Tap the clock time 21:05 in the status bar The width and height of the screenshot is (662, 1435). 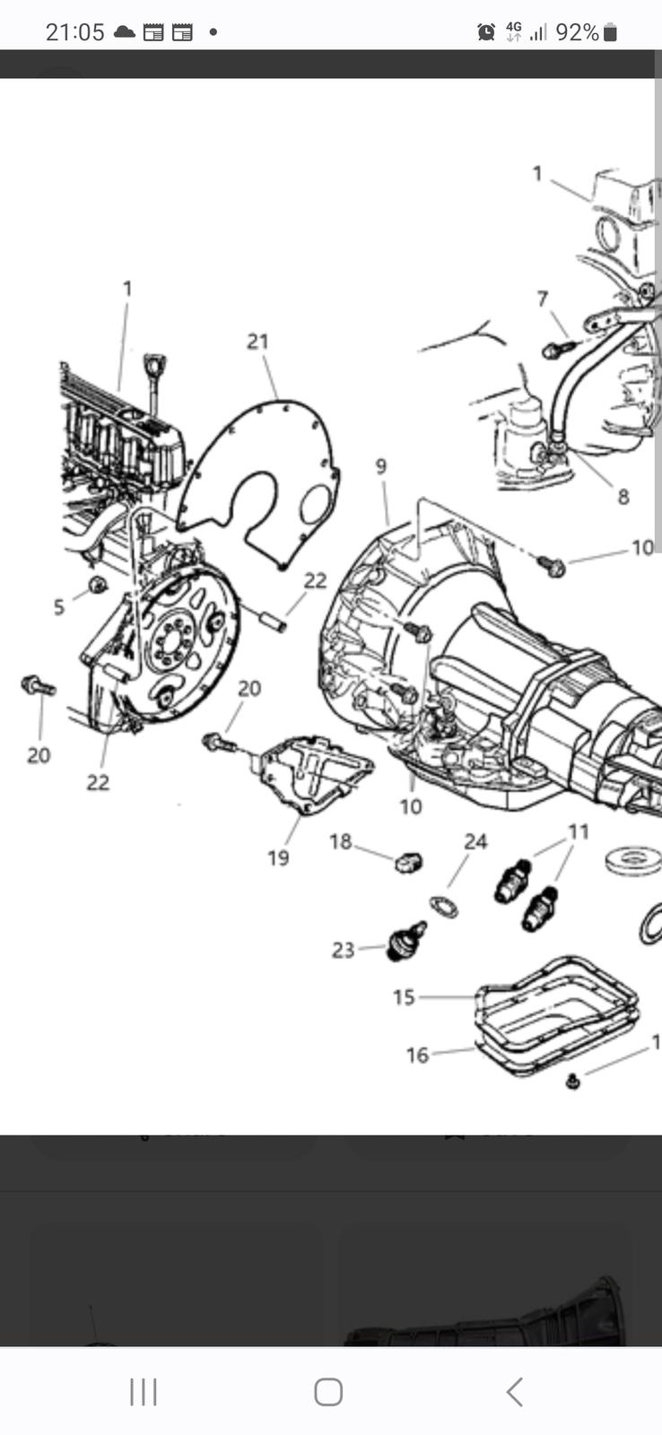74,32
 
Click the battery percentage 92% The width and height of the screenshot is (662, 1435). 577,32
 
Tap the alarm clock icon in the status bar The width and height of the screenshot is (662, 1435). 486,32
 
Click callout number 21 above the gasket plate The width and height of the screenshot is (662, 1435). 258,342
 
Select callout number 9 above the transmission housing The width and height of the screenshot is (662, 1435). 381,466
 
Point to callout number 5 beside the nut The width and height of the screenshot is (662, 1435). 59,607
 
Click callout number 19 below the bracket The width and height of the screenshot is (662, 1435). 278,857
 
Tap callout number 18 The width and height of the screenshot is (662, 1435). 340,841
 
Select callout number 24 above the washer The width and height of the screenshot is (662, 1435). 475,841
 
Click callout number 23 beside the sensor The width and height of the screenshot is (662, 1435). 344,950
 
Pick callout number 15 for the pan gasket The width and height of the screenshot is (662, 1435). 404,997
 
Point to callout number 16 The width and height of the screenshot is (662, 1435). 417,1056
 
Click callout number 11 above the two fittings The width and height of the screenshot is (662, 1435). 579,832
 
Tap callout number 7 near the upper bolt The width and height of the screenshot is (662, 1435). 543,299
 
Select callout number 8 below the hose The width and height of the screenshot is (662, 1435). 623,496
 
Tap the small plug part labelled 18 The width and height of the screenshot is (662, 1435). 408,863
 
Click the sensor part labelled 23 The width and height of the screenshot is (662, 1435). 405,941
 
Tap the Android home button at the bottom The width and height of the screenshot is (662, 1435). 328,1392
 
